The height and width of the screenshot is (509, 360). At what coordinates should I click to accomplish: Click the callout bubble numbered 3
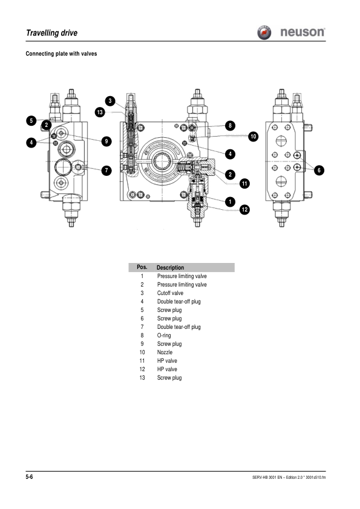tap(110, 100)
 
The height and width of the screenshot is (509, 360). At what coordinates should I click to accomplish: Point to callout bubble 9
tap(106, 141)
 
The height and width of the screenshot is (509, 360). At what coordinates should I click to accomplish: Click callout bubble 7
tap(106, 170)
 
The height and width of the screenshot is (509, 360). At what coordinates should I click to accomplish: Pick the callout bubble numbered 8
tap(230, 126)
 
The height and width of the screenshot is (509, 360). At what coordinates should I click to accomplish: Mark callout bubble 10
tap(253, 137)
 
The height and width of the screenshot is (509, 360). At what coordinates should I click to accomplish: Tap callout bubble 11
tap(244, 183)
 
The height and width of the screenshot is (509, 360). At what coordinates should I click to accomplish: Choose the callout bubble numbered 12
tap(244, 209)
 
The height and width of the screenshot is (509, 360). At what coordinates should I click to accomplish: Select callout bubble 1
tap(230, 200)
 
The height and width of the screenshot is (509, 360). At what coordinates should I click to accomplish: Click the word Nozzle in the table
tap(165, 352)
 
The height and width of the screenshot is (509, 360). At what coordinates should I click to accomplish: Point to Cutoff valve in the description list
tap(170, 293)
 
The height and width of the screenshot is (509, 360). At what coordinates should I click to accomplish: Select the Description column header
tap(170, 267)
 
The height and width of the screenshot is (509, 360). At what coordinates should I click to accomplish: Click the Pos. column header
tap(142, 267)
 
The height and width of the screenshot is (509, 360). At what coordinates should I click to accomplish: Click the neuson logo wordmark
tap(303, 32)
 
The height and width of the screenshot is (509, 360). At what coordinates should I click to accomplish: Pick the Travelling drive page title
tap(51, 33)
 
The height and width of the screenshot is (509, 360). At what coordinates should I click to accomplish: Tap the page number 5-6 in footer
tap(29, 478)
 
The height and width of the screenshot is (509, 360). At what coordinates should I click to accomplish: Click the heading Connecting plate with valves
tap(61, 54)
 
